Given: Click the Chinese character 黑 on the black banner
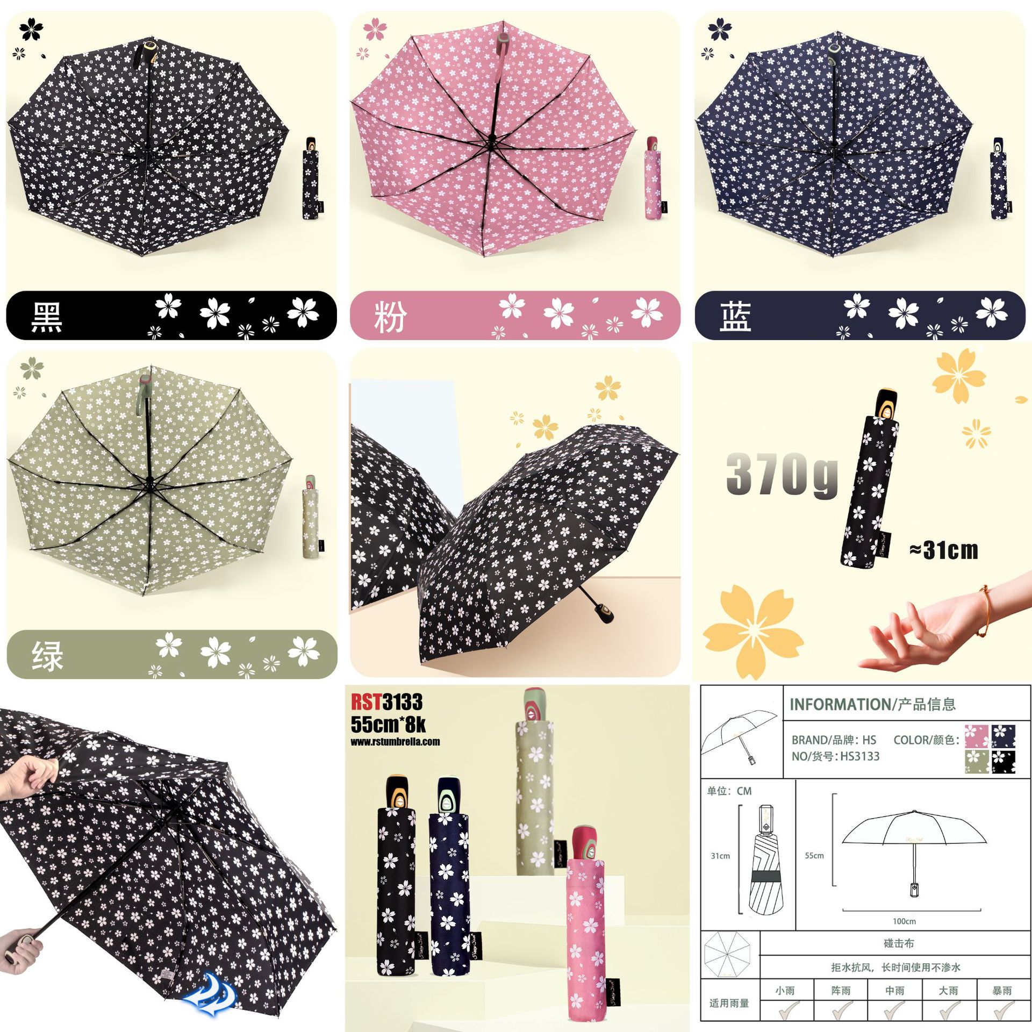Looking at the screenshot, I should click(x=47, y=317).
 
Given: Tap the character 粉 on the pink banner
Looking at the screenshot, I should click(x=391, y=317).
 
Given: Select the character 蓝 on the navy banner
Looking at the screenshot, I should click(x=735, y=317).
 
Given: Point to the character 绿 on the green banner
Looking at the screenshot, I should click(x=47, y=656).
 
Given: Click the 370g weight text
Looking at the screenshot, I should click(x=782, y=474).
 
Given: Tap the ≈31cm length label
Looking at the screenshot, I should click(x=944, y=550).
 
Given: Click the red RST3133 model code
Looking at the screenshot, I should click(x=386, y=702).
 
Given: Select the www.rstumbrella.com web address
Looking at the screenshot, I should click(x=395, y=742).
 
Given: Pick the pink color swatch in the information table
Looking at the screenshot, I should click(x=976, y=736).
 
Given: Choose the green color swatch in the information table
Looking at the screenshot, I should click(x=976, y=762).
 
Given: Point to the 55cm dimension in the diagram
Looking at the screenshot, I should click(x=814, y=856).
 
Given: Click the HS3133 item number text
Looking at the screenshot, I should click(x=860, y=756).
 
